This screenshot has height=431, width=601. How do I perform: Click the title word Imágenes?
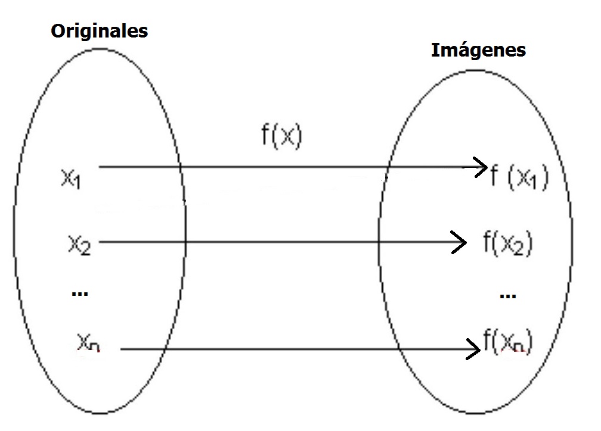tap(478, 50)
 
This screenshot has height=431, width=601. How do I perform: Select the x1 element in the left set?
tap(71, 179)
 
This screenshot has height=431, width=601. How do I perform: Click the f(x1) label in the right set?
tap(518, 178)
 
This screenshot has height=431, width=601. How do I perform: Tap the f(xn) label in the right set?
tap(507, 342)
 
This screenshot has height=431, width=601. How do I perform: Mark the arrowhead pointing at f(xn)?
tap(475, 348)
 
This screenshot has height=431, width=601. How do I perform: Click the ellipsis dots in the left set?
tap(80, 293)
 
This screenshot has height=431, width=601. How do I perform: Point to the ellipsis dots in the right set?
tap(507, 295)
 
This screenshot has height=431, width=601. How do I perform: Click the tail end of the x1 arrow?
tap(100, 168)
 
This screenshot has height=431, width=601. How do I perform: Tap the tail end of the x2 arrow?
tap(99, 242)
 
